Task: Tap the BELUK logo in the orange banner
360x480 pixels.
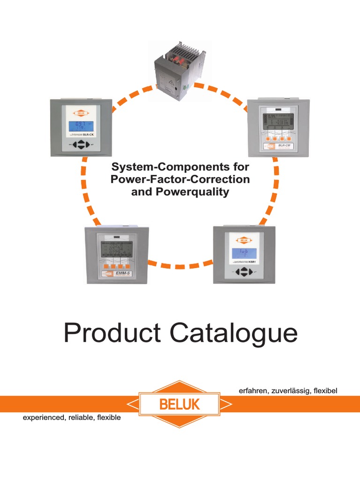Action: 180,404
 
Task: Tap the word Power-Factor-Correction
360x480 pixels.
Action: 180,179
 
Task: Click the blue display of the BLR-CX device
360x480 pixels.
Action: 81,126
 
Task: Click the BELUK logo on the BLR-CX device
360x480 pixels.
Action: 81,113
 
